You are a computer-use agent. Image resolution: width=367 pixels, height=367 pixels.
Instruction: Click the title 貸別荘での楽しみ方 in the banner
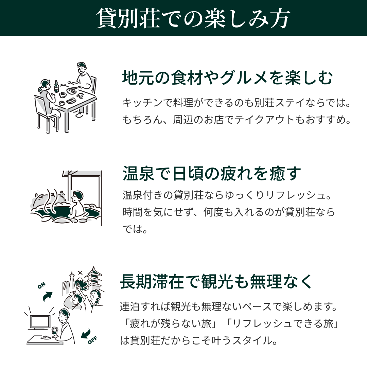(193, 18)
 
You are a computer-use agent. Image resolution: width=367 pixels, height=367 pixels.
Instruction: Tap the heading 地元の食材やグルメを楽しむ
(227, 77)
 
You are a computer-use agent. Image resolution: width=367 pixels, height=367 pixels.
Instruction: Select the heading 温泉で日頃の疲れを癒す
(212, 173)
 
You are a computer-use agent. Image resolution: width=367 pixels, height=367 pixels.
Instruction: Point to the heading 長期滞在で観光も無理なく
(216, 282)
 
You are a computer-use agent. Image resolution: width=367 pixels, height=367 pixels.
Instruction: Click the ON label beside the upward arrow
(41, 285)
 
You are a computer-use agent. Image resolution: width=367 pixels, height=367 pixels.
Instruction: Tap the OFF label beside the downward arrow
(92, 340)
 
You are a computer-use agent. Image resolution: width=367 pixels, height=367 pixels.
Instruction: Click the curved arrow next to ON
(48, 296)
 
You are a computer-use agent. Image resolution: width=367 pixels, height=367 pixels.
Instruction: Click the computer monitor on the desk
(40, 322)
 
